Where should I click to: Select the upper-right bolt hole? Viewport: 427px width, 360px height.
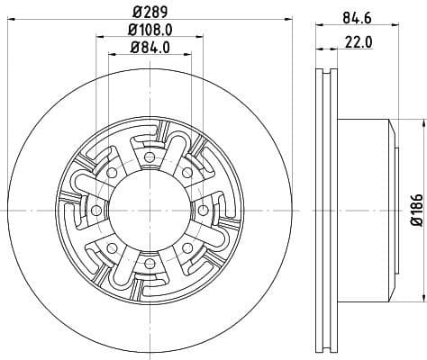tap(186, 171)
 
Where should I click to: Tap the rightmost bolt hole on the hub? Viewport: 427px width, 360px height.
tap(203, 210)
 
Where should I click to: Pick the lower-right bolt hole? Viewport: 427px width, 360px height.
tap(186, 248)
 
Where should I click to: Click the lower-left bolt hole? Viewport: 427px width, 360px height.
tap(109, 248)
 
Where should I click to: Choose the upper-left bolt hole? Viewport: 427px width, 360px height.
tap(109, 171)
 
